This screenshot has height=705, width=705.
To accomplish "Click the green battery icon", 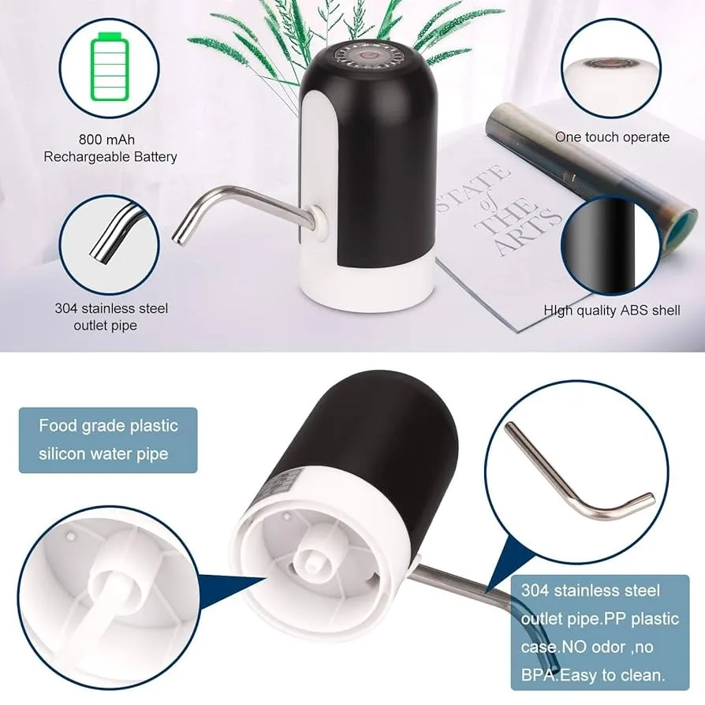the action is pos(110,66).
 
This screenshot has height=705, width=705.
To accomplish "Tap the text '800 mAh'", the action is pos(106,140).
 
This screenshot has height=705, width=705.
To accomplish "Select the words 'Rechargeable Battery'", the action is pos(110,157).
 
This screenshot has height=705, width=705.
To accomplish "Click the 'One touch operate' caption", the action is pos(612,137).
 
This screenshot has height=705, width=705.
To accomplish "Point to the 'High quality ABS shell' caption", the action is pos(611,310).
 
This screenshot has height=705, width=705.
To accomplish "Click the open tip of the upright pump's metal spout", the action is pos(177,238).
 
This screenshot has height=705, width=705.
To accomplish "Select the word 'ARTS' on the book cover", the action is pos(528,230).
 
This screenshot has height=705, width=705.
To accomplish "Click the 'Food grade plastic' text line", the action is pos(108,425).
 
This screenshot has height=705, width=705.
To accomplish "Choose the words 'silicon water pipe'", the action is pos(103,453).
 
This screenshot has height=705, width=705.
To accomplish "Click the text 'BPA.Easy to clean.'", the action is pos(592,675).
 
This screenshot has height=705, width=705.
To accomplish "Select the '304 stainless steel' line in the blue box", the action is pos(591,591).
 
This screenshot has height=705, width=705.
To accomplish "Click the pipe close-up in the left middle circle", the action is pos(116,233).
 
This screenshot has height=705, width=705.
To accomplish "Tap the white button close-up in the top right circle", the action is pos(610,69).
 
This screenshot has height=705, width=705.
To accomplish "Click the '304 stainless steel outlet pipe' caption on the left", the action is pos(111,317).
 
